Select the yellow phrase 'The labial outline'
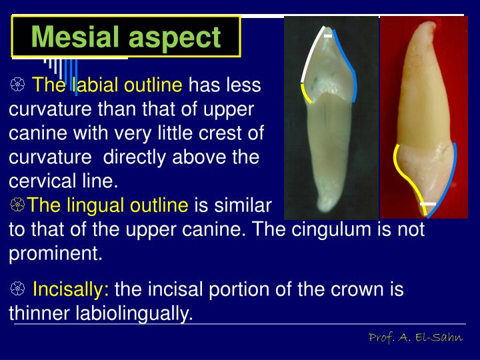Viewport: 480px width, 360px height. click(x=107, y=85)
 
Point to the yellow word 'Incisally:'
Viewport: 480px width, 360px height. click(x=71, y=290)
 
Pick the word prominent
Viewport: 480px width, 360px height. click(x=55, y=253)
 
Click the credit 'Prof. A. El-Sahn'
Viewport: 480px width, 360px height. click(x=416, y=338)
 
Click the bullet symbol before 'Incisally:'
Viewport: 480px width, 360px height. click(x=18, y=290)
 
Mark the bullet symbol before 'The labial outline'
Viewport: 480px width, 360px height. click(x=18, y=85)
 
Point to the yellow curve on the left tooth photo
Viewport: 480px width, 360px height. click(x=307, y=94)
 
